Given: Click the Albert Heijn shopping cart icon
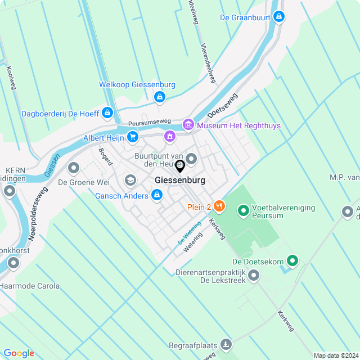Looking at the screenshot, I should point(132,137).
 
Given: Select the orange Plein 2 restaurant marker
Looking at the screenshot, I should point(219,207).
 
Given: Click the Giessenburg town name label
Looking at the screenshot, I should point(179,181).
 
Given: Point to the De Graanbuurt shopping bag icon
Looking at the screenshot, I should point(278,17).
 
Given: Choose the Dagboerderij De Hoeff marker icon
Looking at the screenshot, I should point(108,113).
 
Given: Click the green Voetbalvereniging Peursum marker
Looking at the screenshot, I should point(244,211).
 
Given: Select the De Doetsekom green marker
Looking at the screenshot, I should point(292,260).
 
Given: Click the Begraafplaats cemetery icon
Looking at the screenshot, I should point(226,344).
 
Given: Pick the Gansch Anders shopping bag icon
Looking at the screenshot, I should point(157,195).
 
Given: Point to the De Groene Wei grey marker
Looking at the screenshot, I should point(74,168).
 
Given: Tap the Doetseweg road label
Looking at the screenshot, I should point(222,106).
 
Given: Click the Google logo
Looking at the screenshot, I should point(19,353).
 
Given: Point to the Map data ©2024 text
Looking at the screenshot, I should point(335,355).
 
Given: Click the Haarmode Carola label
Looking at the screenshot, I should point(30,286).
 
